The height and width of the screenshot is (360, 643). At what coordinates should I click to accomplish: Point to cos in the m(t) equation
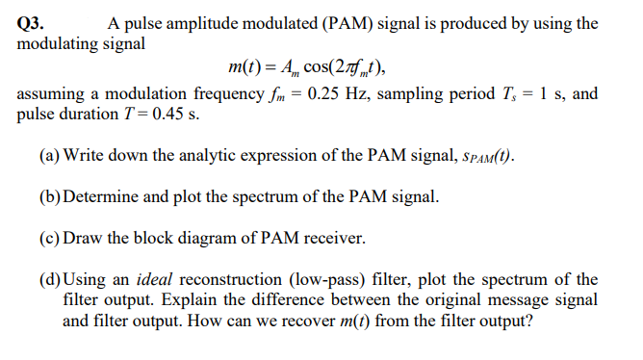pyautogui.click(x=321, y=67)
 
